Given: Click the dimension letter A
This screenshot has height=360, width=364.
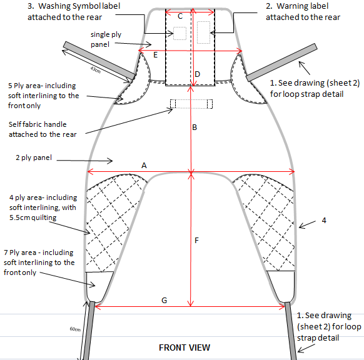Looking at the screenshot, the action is [144, 166].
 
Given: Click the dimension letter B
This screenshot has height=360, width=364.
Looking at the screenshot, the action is [195, 127].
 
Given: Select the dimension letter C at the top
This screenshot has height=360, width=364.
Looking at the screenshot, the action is [180, 16].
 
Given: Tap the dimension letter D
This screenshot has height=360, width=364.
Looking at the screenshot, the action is [197, 74].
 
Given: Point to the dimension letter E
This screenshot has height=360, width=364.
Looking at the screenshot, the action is [155, 55].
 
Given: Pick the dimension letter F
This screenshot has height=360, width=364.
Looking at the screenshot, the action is [196, 240].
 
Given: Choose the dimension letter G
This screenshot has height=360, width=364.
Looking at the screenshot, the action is [164, 301].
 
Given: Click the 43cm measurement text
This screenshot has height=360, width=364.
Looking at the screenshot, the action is [96, 69].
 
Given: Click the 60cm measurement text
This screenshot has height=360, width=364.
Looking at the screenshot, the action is [75, 329].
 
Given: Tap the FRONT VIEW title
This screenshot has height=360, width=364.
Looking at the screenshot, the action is [185, 347].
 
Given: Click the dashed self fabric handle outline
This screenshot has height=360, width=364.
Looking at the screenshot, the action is [191, 104].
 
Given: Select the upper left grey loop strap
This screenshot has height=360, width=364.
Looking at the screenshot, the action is [99, 60].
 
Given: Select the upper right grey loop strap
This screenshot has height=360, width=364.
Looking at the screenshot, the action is [281, 62].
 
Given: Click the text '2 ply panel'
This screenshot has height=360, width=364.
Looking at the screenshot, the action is [34, 157].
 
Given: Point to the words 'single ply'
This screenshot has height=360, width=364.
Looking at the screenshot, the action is [106, 34].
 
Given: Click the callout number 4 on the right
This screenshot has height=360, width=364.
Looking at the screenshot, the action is [324, 220].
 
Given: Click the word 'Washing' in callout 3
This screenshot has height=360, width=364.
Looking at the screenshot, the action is [54, 6].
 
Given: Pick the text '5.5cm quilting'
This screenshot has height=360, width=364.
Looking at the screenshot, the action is [33, 217].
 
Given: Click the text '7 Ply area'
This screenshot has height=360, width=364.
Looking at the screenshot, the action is [20, 252].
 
